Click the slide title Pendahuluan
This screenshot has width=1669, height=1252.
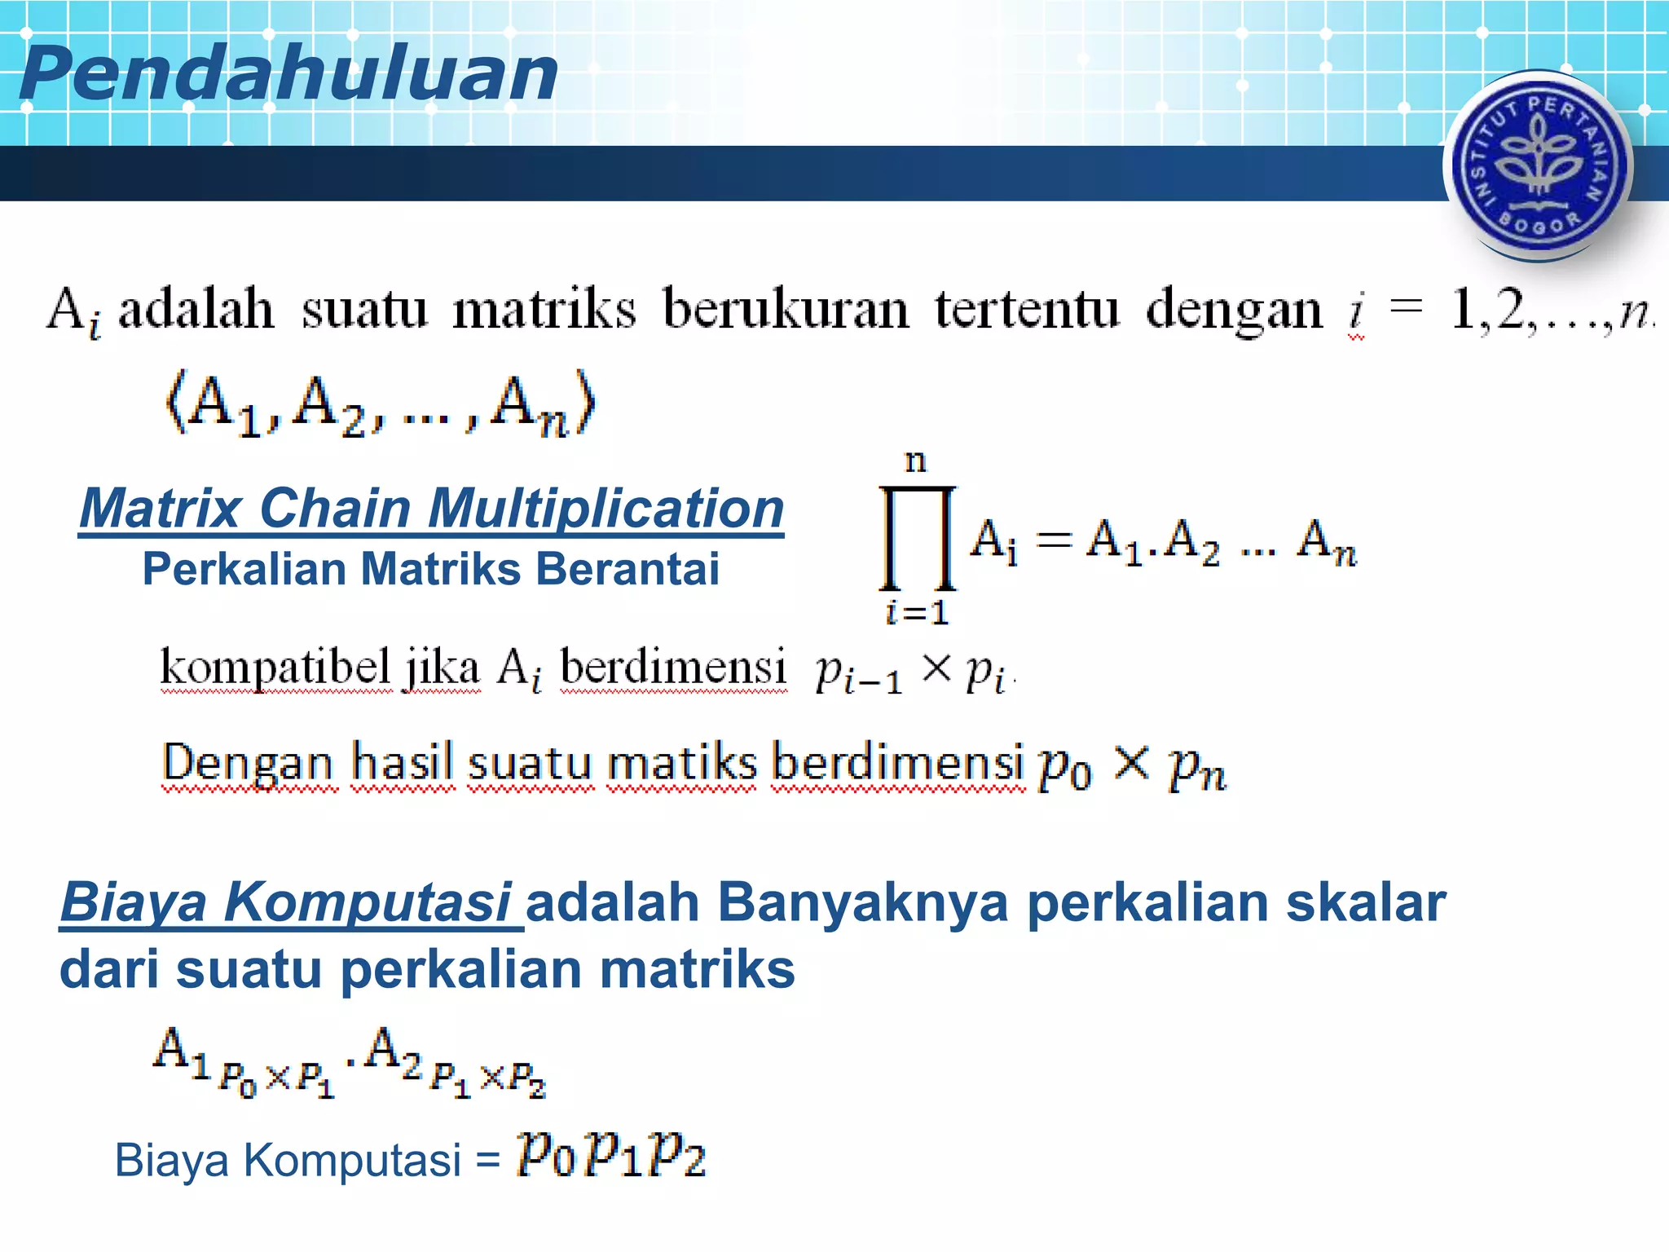click(288, 73)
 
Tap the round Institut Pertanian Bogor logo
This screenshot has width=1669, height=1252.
click(1538, 165)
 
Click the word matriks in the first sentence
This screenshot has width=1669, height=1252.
click(544, 311)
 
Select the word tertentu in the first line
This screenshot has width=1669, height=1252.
click(1027, 311)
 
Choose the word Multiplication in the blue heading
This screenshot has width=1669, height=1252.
click(606, 509)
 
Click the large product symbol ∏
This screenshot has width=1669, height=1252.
click(917, 538)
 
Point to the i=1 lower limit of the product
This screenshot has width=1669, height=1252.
click(918, 612)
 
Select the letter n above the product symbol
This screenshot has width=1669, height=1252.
click(916, 462)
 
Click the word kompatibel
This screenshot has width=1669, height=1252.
click(275, 668)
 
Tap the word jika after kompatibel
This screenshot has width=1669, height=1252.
click(443, 669)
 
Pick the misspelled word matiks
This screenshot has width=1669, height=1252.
click(681, 764)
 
